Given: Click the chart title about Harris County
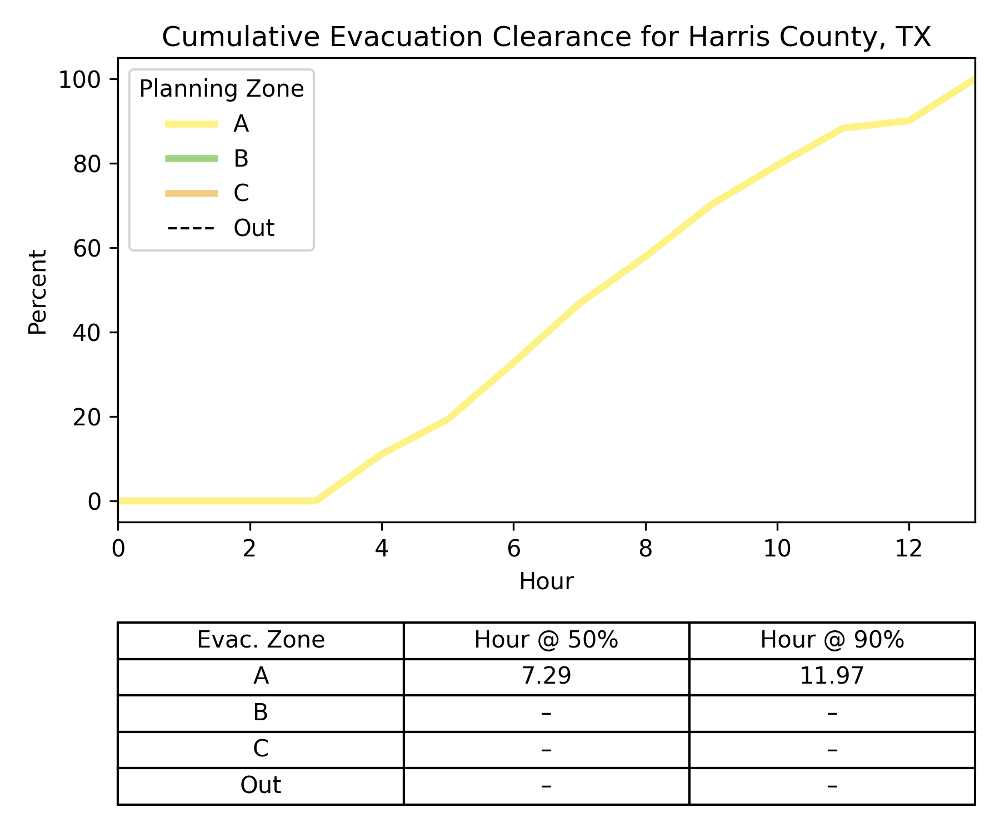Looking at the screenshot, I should tap(546, 38).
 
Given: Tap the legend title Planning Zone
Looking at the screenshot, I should tap(221, 89).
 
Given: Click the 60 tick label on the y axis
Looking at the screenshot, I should tap(87, 248).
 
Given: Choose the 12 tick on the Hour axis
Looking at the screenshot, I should tap(909, 549).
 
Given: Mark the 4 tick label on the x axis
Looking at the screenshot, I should tap(381, 549).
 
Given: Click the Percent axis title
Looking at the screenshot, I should tap(38, 292).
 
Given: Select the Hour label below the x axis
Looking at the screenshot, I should tap(546, 581).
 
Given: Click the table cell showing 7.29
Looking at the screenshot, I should tap(546, 676).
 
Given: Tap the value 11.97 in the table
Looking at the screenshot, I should tap(832, 676).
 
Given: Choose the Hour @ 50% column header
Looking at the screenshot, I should tap(546, 640).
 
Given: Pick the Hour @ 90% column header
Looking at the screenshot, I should tap(832, 640).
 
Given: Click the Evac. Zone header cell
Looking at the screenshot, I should tap(261, 640).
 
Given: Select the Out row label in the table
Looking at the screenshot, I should tap(261, 786).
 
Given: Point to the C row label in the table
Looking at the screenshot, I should tap(261, 749).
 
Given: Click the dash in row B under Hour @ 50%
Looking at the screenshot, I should tap(546, 712).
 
